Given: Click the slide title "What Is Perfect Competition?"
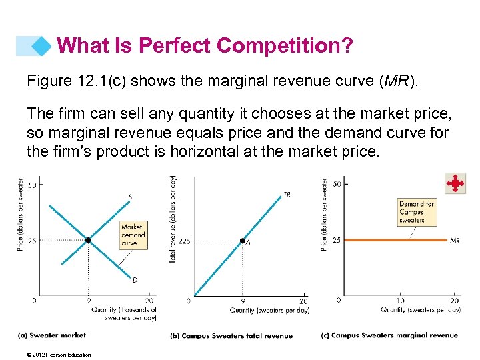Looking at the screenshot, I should [205, 46].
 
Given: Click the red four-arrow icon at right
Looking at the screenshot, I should [455, 183].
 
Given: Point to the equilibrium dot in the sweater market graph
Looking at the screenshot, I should [88, 240].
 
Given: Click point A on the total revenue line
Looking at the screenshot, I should [243, 241].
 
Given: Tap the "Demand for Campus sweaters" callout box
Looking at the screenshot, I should [416, 211].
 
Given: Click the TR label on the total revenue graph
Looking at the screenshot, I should [287, 195].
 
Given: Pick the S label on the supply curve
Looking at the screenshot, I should [130, 197].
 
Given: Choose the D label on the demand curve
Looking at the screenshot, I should [134, 280].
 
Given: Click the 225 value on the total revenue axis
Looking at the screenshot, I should [184, 241].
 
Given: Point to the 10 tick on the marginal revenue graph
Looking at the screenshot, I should [400, 301].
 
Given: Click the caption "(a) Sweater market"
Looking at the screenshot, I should [52, 335].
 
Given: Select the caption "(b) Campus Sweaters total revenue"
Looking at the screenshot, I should [231, 335].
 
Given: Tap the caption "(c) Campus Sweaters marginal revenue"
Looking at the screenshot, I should [389, 335].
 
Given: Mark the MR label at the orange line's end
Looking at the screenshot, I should [455, 240].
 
